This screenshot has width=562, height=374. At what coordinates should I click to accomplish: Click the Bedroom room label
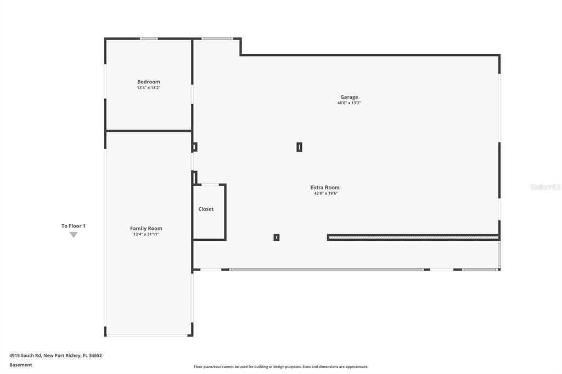click(149, 82)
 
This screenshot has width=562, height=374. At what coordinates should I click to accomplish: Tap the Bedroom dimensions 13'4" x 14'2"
click(149, 88)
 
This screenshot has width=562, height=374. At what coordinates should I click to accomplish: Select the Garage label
click(349, 97)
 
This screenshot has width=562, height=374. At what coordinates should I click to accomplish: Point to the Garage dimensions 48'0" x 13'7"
click(349, 103)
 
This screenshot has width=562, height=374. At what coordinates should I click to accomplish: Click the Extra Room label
click(325, 188)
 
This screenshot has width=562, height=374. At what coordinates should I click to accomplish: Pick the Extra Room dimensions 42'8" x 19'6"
click(325, 194)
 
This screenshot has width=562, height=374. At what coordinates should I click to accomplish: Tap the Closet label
click(206, 209)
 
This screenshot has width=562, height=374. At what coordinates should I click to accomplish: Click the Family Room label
click(146, 228)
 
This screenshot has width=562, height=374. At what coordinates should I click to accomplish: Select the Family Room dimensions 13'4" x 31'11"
click(146, 234)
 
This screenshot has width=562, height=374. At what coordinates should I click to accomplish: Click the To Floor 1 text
click(74, 226)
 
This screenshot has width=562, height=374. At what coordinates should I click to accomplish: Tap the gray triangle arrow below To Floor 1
click(74, 235)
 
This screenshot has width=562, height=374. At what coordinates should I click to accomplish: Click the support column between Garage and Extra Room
click(299, 147)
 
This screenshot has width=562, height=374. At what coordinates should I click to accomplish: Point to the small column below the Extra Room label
click(277, 237)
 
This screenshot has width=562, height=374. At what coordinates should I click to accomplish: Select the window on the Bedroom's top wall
click(149, 38)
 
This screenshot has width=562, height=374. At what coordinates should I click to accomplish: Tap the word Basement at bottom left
click(21, 365)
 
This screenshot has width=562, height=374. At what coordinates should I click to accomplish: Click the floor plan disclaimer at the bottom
click(280, 367)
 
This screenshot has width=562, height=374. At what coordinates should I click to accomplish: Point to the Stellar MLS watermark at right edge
click(546, 187)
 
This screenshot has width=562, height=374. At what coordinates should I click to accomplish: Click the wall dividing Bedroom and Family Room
click(148, 131)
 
